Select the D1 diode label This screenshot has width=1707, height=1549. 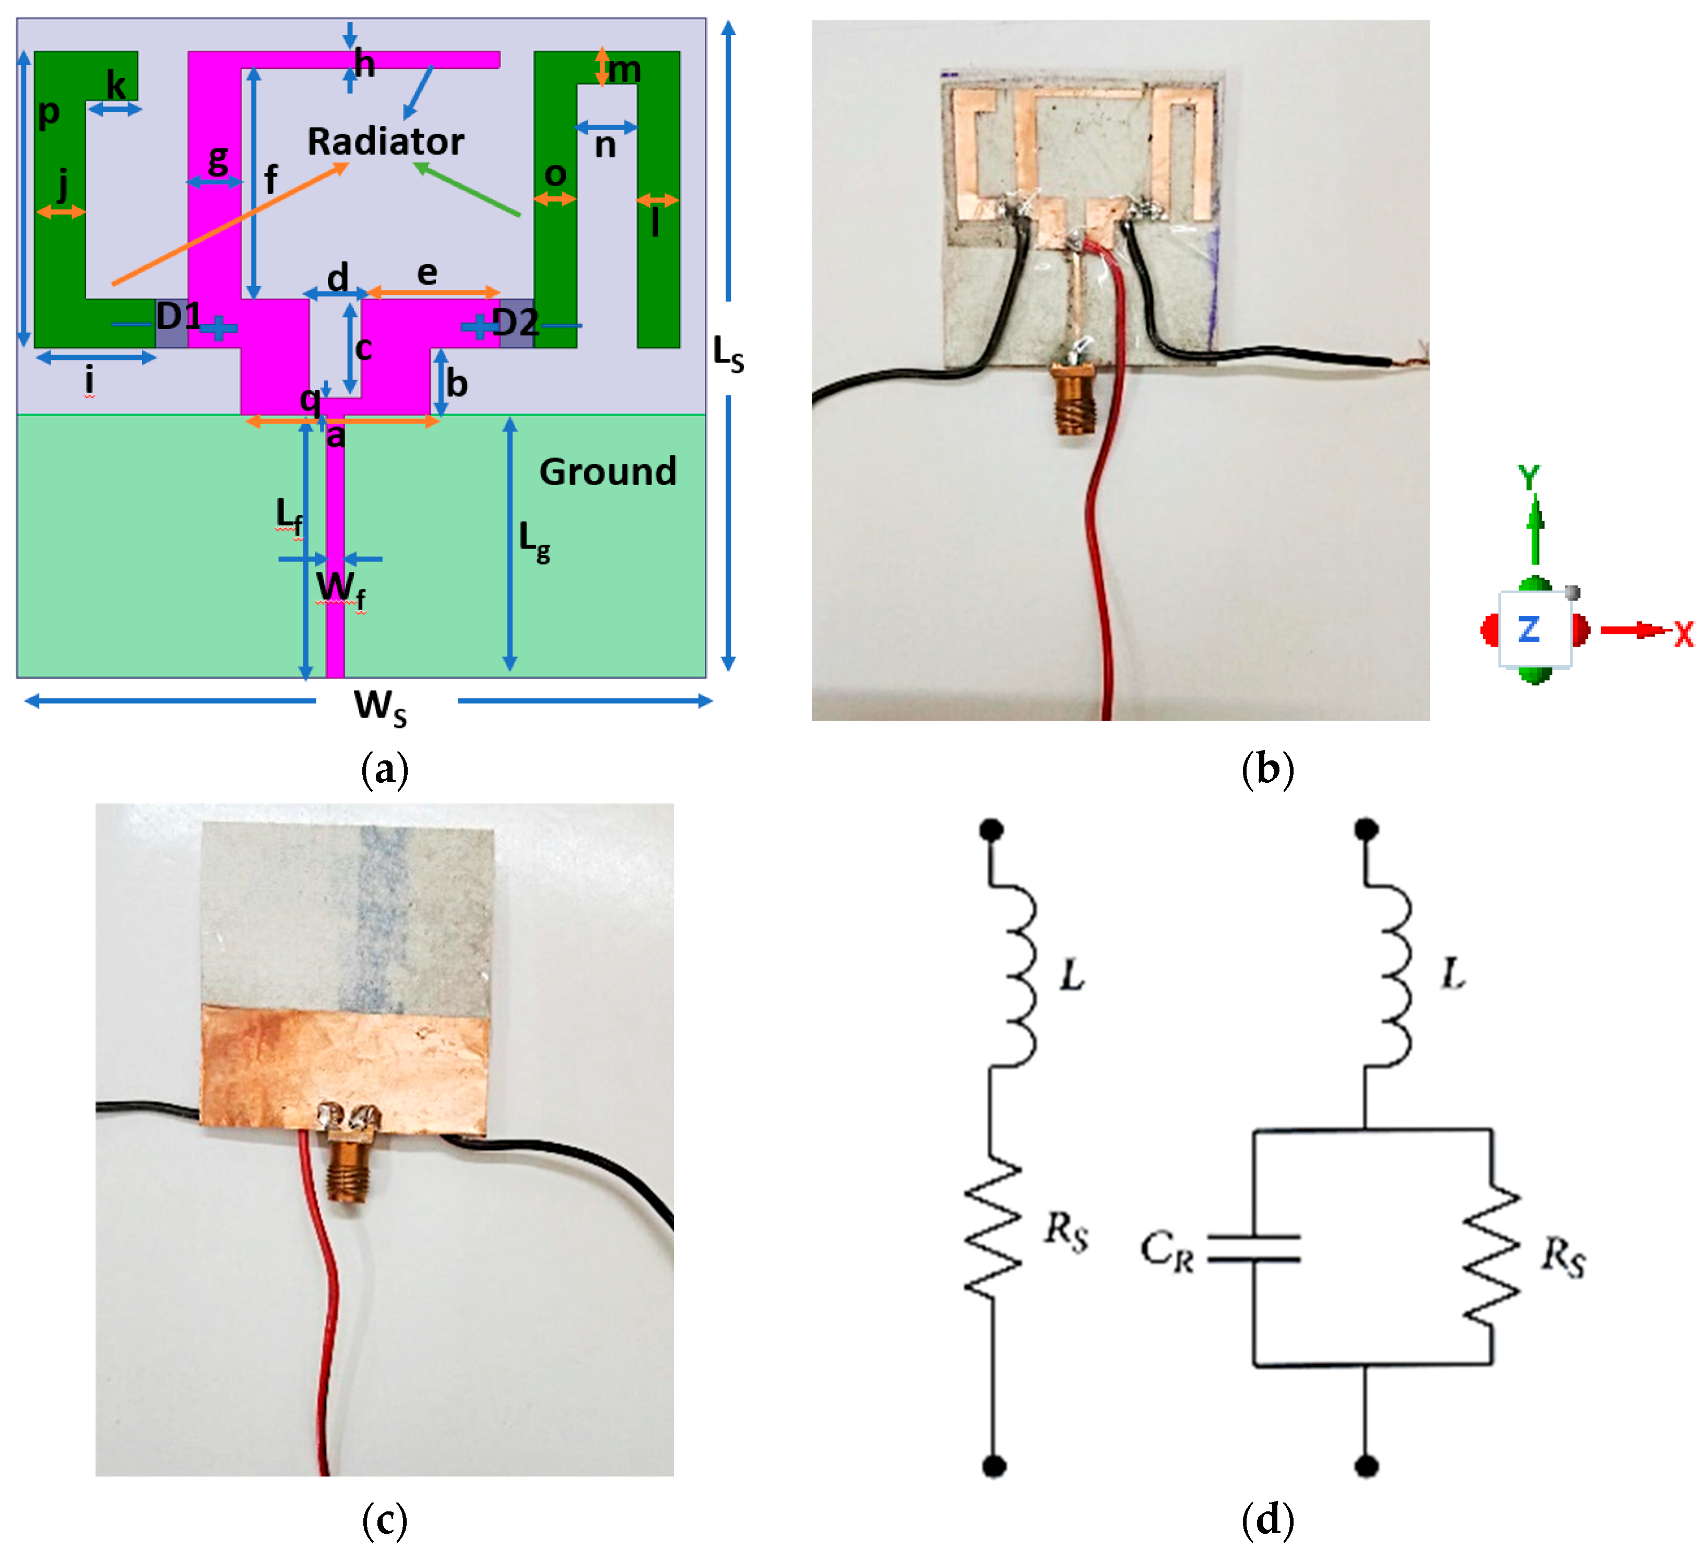click(x=178, y=316)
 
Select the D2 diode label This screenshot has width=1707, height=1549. click(x=515, y=323)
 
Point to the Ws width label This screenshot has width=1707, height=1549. click(x=380, y=706)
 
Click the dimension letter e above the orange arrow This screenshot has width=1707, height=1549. click(x=427, y=273)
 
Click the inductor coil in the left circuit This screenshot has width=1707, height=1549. click(x=1016, y=974)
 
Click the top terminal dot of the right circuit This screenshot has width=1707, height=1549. click(x=1366, y=829)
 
